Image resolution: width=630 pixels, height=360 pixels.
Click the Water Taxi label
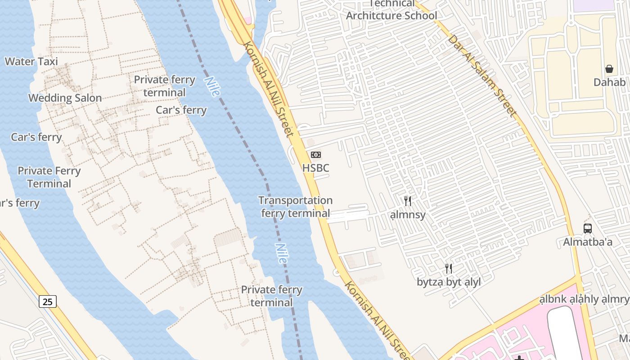(x=31, y=62)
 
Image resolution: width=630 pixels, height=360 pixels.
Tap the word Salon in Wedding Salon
(x=87, y=98)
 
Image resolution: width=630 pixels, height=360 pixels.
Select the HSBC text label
(x=315, y=168)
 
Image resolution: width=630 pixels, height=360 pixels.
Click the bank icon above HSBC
(x=316, y=155)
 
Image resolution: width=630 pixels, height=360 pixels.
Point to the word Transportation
(x=295, y=201)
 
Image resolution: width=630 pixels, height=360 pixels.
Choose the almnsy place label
(x=408, y=215)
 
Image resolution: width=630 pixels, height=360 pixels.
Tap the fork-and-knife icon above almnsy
(x=408, y=201)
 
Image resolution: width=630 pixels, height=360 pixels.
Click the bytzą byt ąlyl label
(x=449, y=283)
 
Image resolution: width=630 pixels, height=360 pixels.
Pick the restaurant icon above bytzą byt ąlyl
(x=449, y=269)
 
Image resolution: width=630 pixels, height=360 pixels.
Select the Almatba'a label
(x=588, y=242)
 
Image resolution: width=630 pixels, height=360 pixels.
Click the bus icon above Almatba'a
(x=588, y=228)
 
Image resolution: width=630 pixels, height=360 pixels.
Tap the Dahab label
(x=609, y=82)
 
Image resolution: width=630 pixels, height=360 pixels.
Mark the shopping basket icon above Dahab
(x=609, y=69)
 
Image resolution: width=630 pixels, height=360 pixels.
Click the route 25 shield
(x=48, y=301)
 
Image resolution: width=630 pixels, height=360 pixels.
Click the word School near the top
(x=420, y=16)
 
